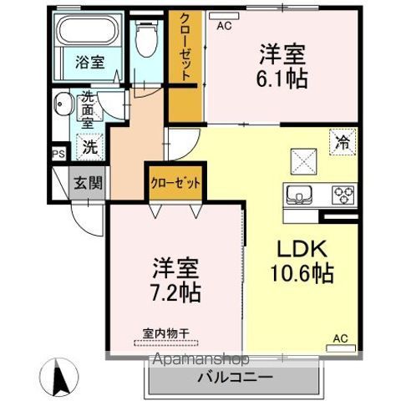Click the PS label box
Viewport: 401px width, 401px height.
coord(59,154)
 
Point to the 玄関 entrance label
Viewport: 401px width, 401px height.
coord(88,183)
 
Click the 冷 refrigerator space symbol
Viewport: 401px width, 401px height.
coord(343,142)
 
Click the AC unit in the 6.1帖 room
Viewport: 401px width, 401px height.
coord(224,16)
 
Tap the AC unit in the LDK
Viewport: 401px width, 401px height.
coord(341,348)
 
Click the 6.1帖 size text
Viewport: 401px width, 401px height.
coord(282,79)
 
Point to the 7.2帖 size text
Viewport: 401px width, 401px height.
coord(175,292)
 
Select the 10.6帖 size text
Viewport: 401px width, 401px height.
coord(302,273)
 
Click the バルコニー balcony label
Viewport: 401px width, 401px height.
coord(236,378)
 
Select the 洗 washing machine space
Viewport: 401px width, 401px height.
coord(90,147)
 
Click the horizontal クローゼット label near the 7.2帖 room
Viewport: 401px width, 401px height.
coord(175,183)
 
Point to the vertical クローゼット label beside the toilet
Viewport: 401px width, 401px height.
coord(185,47)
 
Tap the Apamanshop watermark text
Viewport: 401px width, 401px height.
coord(201,359)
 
